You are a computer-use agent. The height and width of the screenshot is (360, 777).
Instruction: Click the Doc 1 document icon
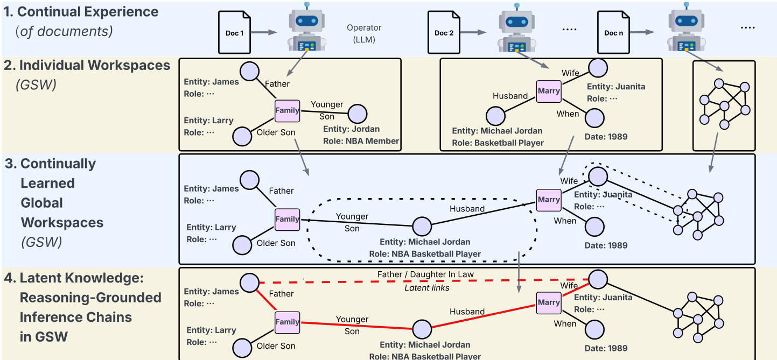click(x=235, y=33)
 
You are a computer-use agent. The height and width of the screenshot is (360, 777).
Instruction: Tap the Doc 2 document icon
click(x=444, y=33)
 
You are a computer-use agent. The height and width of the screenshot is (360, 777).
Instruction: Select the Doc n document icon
click(x=613, y=33)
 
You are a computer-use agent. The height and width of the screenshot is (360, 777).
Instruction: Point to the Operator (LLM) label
click(x=363, y=33)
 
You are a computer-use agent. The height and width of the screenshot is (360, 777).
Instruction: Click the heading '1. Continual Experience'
click(x=81, y=11)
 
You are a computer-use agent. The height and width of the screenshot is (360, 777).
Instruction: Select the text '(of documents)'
click(x=64, y=31)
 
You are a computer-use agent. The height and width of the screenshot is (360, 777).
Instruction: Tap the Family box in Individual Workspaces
click(x=287, y=110)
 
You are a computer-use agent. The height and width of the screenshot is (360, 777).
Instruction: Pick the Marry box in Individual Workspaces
click(x=549, y=91)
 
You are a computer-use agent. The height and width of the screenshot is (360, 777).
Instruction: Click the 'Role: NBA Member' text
click(x=361, y=141)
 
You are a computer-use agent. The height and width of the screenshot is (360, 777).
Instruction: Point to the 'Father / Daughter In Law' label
click(x=425, y=274)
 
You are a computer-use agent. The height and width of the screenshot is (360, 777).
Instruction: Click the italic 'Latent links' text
click(x=426, y=288)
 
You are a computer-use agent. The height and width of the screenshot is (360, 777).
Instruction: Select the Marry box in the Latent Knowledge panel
click(x=549, y=302)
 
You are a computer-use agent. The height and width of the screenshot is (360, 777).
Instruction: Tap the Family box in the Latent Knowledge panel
click(x=287, y=322)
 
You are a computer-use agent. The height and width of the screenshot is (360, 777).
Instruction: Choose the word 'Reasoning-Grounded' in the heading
click(x=90, y=298)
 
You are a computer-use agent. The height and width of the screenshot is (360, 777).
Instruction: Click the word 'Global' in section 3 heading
click(x=41, y=203)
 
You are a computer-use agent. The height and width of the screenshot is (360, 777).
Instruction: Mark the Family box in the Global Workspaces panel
click(x=287, y=219)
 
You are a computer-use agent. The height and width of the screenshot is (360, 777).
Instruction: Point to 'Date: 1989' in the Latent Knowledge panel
click(x=606, y=348)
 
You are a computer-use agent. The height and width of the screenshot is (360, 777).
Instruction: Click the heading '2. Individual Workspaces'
click(x=87, y=66)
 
